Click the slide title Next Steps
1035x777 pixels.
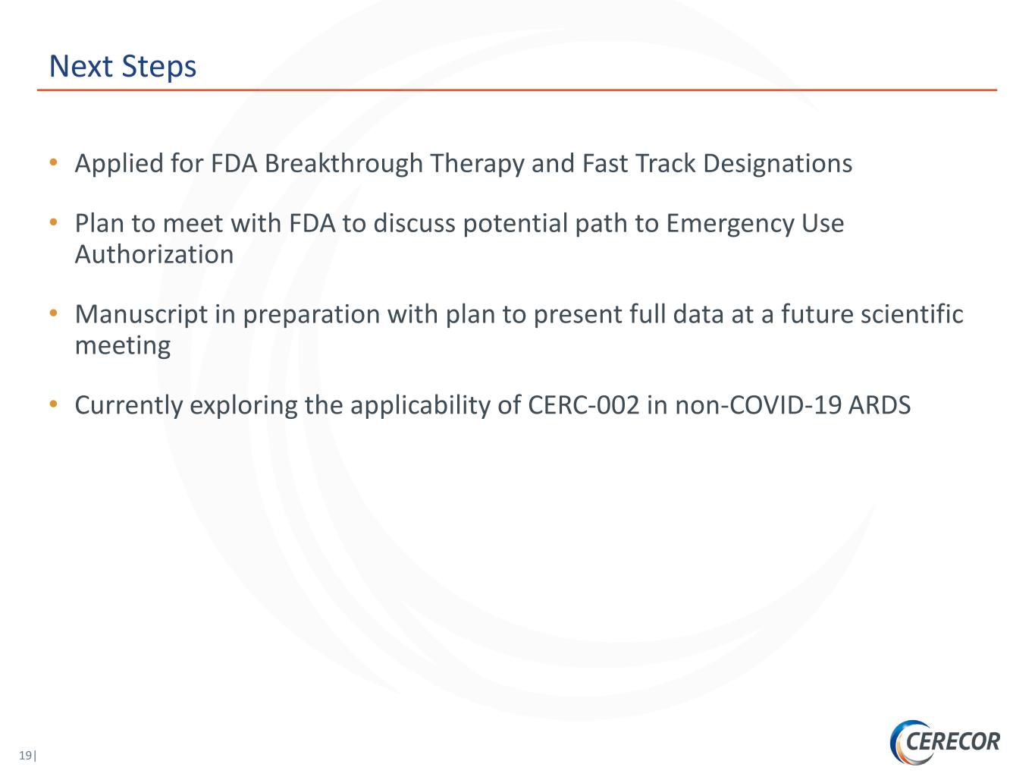click(x=123, y=67)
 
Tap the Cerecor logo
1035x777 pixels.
click(x=945, y=742)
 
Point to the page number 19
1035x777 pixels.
click(x=26, y=755)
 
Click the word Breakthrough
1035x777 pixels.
click(x=343, y=163)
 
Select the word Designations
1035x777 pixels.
click(x=777, y=164)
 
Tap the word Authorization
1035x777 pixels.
click(x=154, y=255)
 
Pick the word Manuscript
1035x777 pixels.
click(x=142, y=315)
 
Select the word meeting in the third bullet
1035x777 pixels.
click(x=123, y=346)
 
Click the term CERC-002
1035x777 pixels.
click(x=583, y=405)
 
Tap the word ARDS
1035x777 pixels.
click(x=880, y=405)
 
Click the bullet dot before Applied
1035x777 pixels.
click(x=53, y=162)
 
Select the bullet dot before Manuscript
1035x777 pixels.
click(x=53, y=313)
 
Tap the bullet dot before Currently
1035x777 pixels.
click(x=53, y=404)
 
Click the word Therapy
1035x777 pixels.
click(x=477, y=164)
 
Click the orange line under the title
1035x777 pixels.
click(x=517, y=90)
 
